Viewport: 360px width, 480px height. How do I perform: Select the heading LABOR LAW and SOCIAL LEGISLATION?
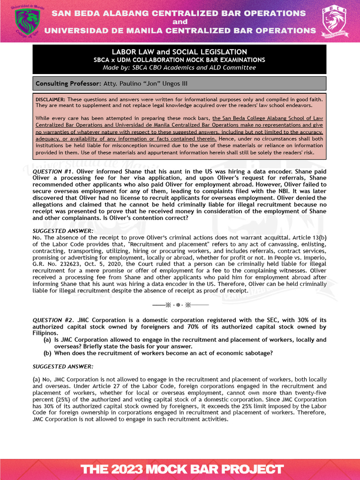[x=180, y=52]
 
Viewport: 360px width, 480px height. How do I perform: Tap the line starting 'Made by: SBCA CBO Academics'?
[x=180, y=67]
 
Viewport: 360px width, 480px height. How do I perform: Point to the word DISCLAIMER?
[x=51, y=99]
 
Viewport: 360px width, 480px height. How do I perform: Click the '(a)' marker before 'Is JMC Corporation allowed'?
[x=47, y=340]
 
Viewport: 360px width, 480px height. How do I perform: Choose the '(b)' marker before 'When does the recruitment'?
[x=47, y=353]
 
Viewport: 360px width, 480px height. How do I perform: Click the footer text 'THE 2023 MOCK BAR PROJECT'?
[x=182, y=469]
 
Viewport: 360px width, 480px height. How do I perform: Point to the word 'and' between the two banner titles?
[x=180, y=22]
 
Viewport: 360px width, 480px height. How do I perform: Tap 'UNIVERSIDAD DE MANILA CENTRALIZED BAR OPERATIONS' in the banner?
[x=180, y=30]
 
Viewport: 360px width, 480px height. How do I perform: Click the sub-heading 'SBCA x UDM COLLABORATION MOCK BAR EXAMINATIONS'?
[x=180, y=60]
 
